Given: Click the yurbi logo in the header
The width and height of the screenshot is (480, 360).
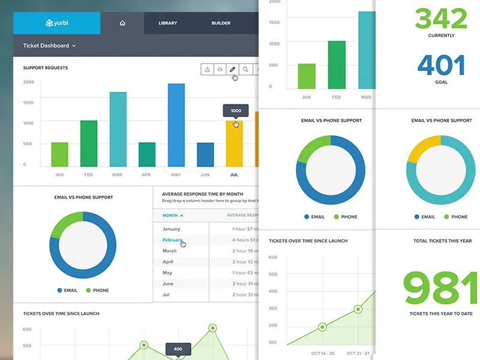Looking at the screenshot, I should pyautogui.click(x=57, y=23).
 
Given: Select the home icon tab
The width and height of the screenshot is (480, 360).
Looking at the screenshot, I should pyautogui.click(x=122, y=23).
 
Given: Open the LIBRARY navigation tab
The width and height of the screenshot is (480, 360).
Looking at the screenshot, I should pyautogui.click(x=167, y=23).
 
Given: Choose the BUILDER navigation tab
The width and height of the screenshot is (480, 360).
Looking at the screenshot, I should pyautogui.click(x=221, y=23).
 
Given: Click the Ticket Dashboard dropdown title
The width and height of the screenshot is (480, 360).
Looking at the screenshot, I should pyautogui.click(x=50, y=46).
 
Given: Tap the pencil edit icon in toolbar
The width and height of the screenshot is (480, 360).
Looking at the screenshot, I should pyautogui.click(x=232, y=70).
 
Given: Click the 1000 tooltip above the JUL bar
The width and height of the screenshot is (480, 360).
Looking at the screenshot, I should pyautogui.click(x=236, y=110).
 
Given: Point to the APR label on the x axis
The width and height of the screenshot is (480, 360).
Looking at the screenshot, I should pyautogui.click(x=146, y=175).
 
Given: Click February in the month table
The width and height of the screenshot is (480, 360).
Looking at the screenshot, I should pyautogui.click(x=173, y=240).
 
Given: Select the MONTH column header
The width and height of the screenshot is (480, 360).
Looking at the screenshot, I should pyautogui.click(x=173, y=215).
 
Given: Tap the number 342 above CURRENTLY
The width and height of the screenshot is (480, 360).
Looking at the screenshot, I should pyautogui.click(x=441, y=19).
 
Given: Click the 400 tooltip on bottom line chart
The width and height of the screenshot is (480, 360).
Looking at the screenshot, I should pyautogui.click(x=178, y=349).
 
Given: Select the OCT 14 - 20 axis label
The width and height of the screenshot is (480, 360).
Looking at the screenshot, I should pyautogui.click(x=322, y=353).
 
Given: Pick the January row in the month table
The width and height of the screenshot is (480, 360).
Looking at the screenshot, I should pyautogui.click(x=172, y=229).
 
